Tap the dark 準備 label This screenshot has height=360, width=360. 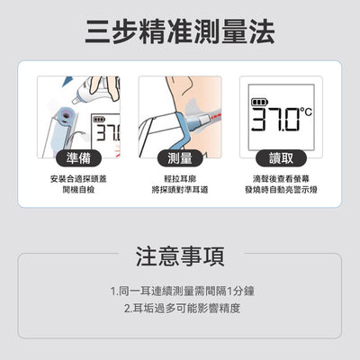78,158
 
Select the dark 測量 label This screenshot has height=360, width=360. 180,158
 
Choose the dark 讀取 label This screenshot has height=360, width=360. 281,158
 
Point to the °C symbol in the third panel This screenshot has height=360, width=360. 306,113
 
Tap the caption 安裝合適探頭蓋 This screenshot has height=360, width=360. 78,179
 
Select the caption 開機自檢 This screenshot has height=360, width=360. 78,191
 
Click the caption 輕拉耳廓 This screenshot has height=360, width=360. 180,179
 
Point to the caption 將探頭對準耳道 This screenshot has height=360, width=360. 180,191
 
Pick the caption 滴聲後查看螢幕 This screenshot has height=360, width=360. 281,179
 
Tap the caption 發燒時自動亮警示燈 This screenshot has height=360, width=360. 281,191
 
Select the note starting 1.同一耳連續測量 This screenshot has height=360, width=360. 180,292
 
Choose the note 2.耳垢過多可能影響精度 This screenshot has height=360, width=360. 180,308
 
